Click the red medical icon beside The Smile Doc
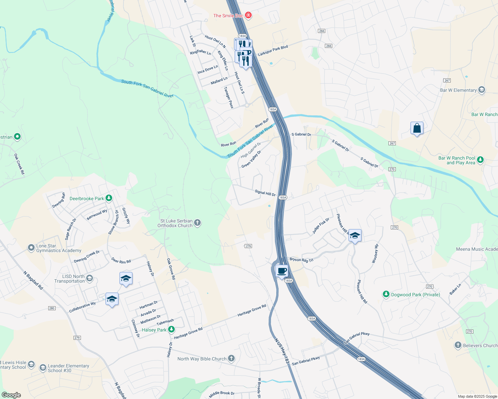(x=248, y=15)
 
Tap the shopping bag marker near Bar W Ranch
(x=417, y=128)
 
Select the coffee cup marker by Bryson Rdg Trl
(x=282, y=271)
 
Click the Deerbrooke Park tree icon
(x=109, y=199)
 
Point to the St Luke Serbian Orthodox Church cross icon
(x=197, y=223)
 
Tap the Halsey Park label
(x=154, y=330)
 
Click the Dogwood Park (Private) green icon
(x=386, y=294)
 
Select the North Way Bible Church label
(x=202, y=359)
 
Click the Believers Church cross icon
(x=458, y=345)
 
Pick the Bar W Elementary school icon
(x=481, y=90)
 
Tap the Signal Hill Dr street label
(x=265, y=193)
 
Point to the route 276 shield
(x=248, y=246)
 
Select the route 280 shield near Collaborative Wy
(x=52, y=308)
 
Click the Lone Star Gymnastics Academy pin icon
(x=31, y=248)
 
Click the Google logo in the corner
(x=11, y=395)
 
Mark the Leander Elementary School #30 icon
(x=43, y=368)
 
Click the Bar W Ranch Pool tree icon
(x=480, y=160)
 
